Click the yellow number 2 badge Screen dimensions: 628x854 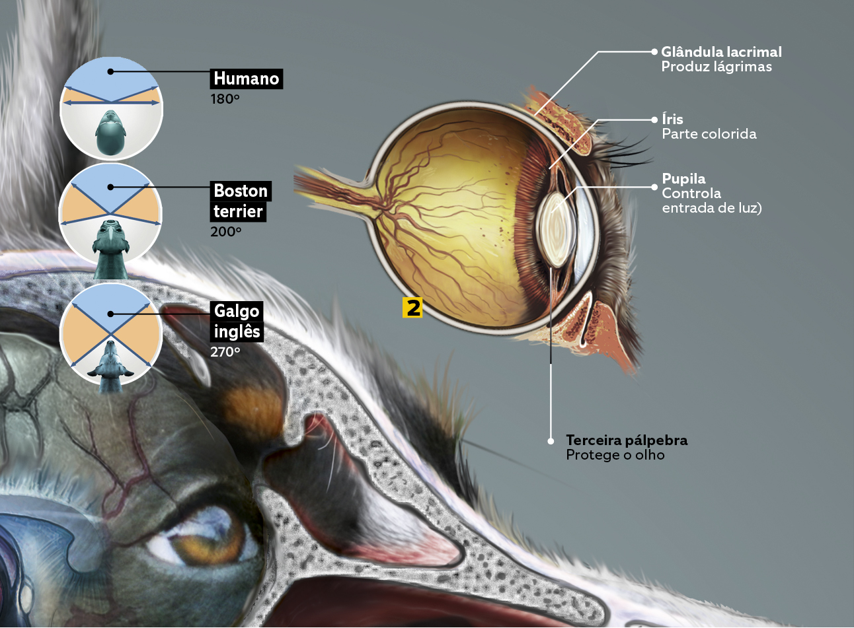point(413,307)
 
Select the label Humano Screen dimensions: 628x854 point(246,79)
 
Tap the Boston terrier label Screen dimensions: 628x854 point(240,201)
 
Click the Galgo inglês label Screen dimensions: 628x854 point(237,321)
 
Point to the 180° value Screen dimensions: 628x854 point(225,99)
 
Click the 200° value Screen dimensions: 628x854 point(226,232)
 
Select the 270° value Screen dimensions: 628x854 point(225,352)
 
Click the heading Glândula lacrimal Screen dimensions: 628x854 point(721,52)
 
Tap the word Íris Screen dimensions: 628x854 point(672,119)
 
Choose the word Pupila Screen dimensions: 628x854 point(683,178)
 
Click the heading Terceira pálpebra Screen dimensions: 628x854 point(627,440)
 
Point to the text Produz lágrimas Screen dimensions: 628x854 point(717,67)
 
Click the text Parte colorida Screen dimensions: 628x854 point(709,134)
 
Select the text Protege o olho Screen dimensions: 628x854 point(615,455)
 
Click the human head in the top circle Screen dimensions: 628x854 point(110,133)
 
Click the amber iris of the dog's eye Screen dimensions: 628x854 point(186,546)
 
